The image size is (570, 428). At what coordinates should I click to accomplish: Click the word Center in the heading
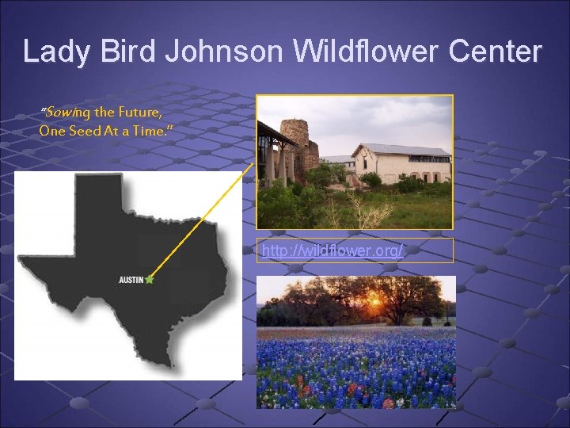[496, 52]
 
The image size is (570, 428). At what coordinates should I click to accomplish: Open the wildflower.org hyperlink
[332, 251]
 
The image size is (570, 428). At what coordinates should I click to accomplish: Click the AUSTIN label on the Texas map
[131, 280]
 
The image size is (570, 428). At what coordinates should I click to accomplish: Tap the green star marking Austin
[150, 279]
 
